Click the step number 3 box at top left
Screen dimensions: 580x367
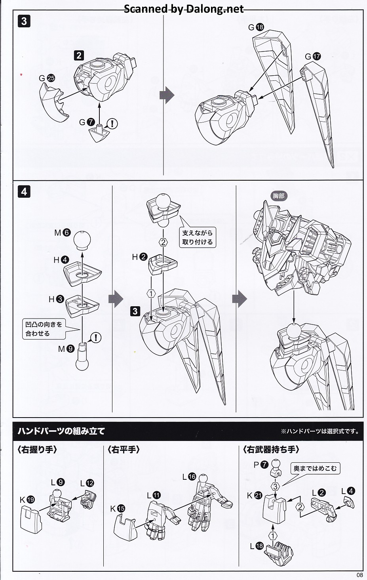pos(24,21)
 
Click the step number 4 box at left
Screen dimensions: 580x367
pos(24,191)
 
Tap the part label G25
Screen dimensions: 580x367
pos(47,78)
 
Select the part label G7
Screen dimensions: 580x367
pos(87,122)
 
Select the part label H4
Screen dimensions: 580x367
pos(61,260)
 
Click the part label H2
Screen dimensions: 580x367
pos(139,257)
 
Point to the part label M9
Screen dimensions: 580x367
pos(66,349)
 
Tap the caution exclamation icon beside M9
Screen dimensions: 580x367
pos(96,338)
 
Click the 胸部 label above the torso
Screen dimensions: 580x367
pos(278,196)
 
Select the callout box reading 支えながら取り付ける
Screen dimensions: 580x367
pos(197,237)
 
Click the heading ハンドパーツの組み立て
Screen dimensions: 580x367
pos(61,431)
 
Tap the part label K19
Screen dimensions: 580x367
pos(27,500)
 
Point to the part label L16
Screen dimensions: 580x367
pos(189,477)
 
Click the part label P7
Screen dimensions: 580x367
pos(261,464)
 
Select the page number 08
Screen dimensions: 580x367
pos(359,575)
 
